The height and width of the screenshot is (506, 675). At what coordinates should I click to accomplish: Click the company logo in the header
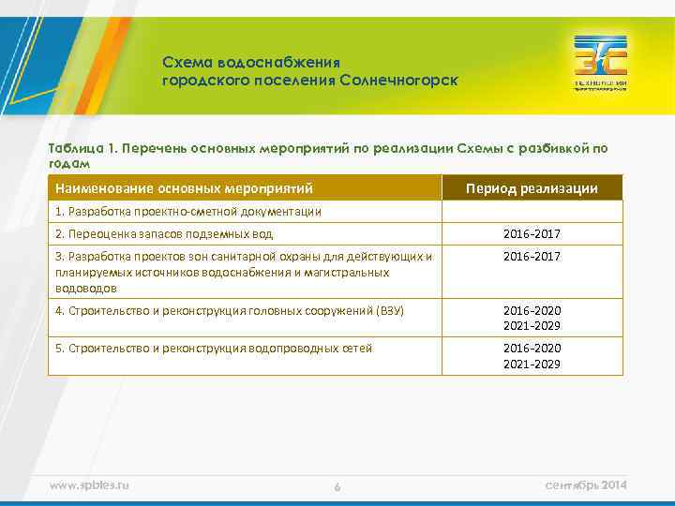coord(601,63)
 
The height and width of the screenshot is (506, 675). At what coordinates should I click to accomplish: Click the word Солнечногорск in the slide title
coord(398,81)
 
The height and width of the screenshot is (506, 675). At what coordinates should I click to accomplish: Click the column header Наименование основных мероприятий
coord(184,188)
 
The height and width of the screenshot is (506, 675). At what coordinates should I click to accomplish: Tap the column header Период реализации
coord(532,188)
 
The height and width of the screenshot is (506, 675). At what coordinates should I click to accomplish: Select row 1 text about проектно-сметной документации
coord(188,212)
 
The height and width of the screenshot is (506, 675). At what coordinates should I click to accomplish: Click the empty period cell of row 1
coord(532,212)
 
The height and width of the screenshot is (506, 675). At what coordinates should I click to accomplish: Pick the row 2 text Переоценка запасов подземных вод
coord(164,234)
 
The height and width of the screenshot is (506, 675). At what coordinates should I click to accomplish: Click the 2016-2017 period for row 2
coord(532,234)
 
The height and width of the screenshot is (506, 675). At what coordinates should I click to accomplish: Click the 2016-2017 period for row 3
coord(532,257)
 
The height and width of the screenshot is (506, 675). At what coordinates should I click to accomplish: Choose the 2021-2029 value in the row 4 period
coord(532,326)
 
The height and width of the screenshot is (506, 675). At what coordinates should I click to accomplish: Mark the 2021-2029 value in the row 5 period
coord(532,364)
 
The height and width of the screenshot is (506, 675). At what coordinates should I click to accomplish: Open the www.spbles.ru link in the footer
coord(89,484)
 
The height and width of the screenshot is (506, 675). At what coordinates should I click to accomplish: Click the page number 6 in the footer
coord(337,486)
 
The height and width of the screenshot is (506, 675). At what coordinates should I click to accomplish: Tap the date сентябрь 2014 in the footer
coord(585,484)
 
